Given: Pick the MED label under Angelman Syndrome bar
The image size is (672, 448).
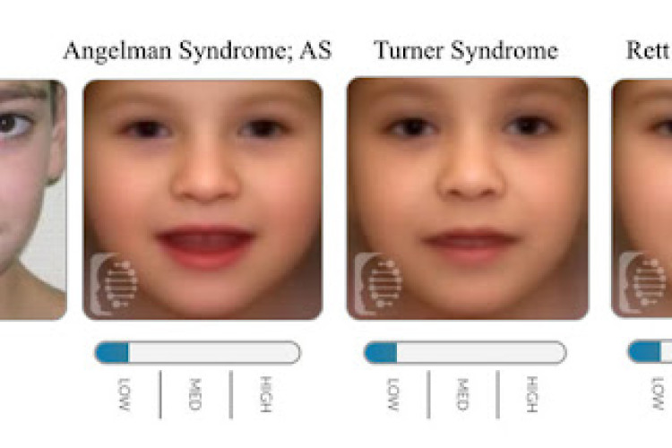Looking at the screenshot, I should coord(195,392).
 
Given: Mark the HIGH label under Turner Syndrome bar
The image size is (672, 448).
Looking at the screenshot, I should coord(532,392).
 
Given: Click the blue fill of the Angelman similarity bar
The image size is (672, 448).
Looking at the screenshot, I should coord(114,352).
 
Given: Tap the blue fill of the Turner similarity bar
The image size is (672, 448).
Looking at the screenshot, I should coord(382,352).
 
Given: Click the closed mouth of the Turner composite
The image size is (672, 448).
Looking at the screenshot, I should coord(466,241).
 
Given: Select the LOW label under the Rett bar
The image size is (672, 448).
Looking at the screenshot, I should coord(661,392).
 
